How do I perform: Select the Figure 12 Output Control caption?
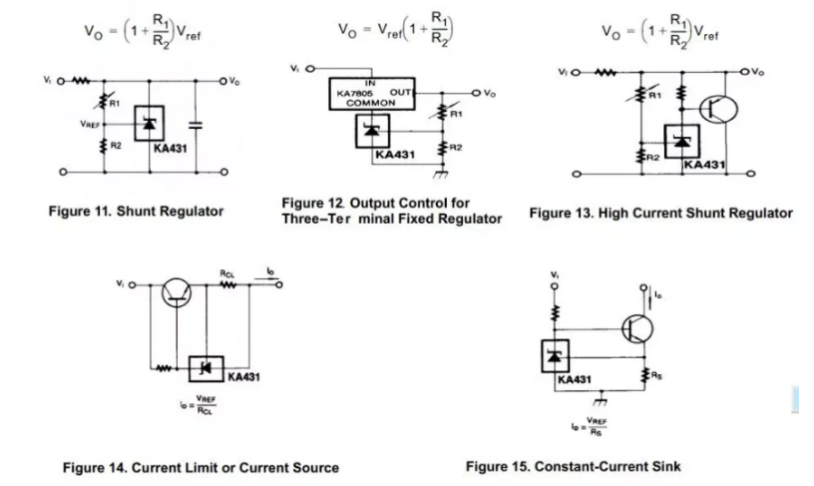point(391,211)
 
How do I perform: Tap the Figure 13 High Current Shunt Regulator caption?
point(660,213)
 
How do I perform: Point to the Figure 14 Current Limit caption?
point(200,467)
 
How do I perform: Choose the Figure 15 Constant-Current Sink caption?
point(573,466)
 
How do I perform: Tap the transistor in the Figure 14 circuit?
point(179,288)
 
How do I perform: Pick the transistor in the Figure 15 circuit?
point(638,326)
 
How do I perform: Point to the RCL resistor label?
point(226,271)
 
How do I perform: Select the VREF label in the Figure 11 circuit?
point(90,125)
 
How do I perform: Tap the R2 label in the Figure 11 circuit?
point(116,146)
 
